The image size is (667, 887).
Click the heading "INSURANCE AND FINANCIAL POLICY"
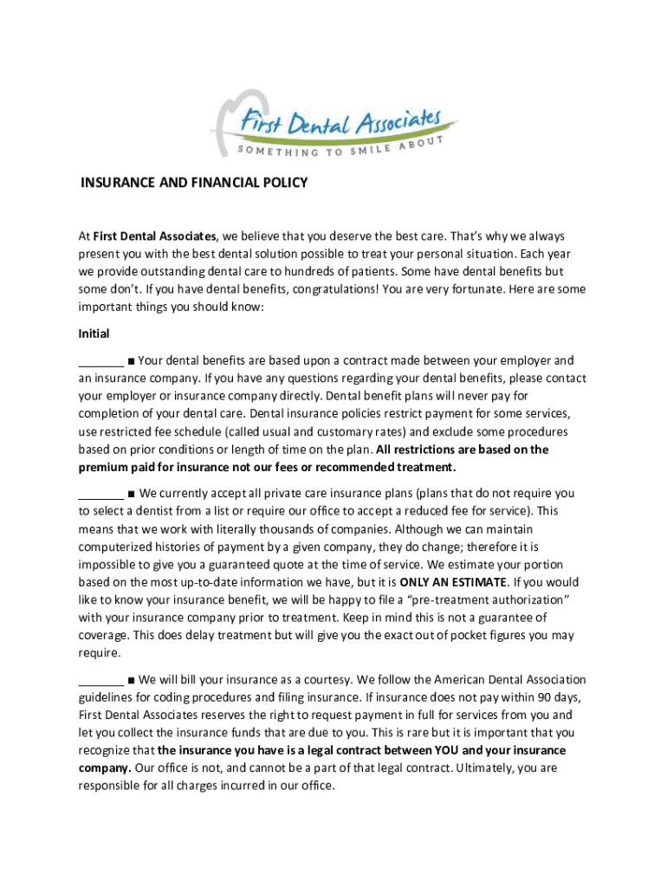point(194,184)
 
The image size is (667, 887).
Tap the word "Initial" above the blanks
point(94,333)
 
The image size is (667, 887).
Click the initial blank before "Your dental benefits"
point(100,360)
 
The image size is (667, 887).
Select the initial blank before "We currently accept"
point(100,494)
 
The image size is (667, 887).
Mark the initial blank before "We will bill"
point(100,680)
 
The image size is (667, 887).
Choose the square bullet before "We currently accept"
point(130,494)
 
